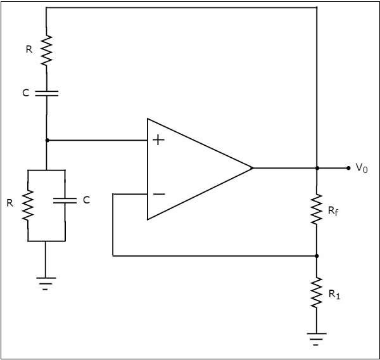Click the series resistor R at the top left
pos(47,50)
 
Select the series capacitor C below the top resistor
pos(47,93)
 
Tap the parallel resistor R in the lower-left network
pos(28,205)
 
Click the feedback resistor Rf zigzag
pos(317,210)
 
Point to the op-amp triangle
pos(196,169)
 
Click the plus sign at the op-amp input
pos(159,140)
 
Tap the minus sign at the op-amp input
pos(159,194)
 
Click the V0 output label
pos(361,168)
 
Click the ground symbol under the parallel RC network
pos(47,283)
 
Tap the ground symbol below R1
pos(317,340)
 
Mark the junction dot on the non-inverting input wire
pos(47,140)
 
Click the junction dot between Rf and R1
pos(317,256)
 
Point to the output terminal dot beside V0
pos(348,168)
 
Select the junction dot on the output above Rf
pos(317,168)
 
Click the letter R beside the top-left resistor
pos(28,48)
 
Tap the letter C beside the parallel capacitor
pos(86,200)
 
